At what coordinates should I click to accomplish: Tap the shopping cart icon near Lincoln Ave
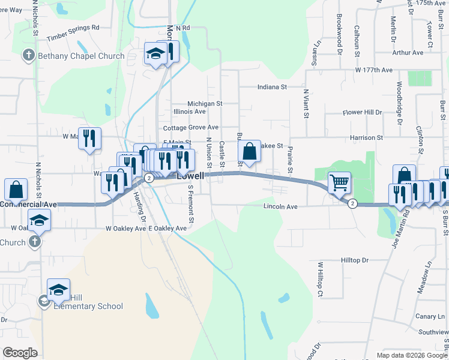pos(340,183)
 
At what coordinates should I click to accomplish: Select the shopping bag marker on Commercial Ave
pos(16,190)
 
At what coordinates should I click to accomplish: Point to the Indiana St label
pos(272,87)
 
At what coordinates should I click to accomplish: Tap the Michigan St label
pos(205,104)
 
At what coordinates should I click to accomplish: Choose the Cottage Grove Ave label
pos(191,128)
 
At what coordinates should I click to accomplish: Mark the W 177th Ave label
pos(373,70)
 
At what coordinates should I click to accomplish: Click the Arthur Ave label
pos(408,53)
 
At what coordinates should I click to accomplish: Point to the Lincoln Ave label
pos(280,206)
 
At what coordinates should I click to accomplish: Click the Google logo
pos(20,353)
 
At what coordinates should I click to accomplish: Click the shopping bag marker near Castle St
pos(250,151)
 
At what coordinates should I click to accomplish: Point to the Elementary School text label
pos(88,306)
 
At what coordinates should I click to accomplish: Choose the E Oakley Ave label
pos(167,229)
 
